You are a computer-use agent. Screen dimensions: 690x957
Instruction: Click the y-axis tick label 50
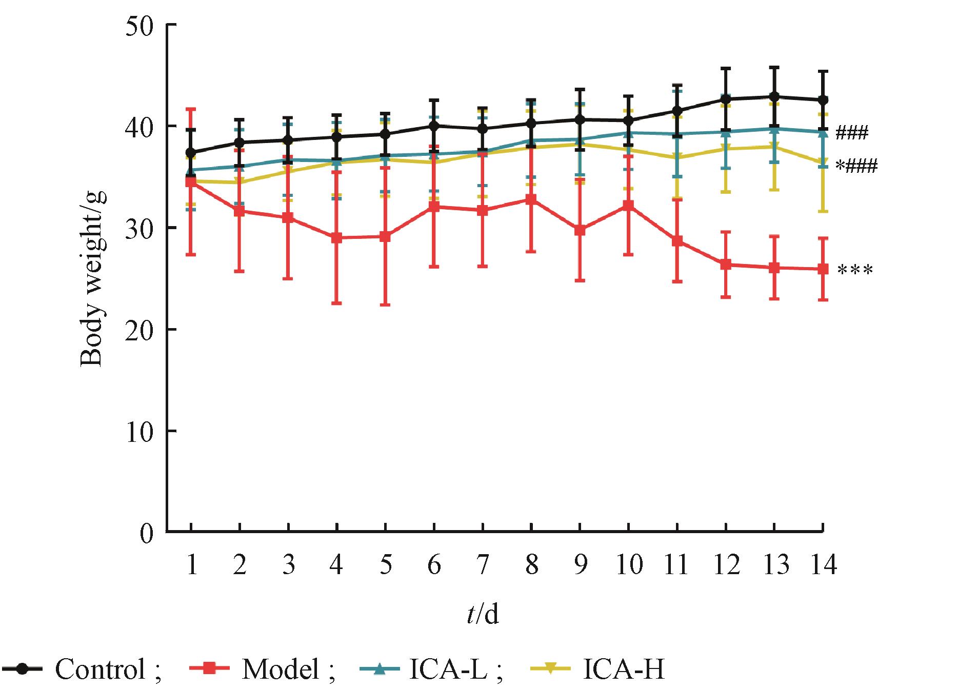(139, 26)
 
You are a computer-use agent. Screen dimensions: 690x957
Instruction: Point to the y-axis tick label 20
(139, 330)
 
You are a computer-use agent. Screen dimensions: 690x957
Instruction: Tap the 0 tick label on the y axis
(147, 533)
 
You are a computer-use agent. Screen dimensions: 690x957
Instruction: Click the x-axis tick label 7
(482, 565)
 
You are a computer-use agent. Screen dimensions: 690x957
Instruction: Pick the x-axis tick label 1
(192, 565)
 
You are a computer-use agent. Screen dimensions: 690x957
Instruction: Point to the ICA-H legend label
(624, 669)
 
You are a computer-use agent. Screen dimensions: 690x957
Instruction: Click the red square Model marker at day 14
(823, 269)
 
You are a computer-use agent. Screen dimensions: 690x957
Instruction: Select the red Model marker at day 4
(337, 238)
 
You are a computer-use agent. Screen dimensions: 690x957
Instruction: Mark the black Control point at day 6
(434, 126)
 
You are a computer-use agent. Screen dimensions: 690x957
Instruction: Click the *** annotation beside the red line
(854, 271)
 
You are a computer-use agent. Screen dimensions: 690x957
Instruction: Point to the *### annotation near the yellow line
(856, 167)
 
